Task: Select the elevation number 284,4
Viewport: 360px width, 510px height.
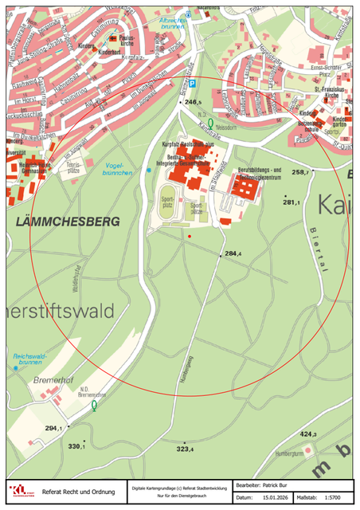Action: pyautogui.click(x=233, y=253)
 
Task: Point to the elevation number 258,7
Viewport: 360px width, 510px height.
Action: pyautogui.click(x=300, y=172)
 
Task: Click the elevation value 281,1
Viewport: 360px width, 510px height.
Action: pyautogui.click(x=292, y=202)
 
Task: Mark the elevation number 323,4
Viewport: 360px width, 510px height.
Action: pyautogui.click(x=186, y=449)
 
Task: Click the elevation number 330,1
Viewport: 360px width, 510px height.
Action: pyautogui.click(x=76, y=445)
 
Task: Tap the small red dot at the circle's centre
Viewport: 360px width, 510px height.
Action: pyautogui.click(x=190, y=237)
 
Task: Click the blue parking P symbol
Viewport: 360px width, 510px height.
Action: pyautogui.click(x=188, y=14)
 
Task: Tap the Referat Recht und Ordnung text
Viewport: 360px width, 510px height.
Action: pyautogui.click(x=78, y=492)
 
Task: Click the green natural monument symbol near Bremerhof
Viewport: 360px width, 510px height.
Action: pyautogui.click(x=95, y=406)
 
